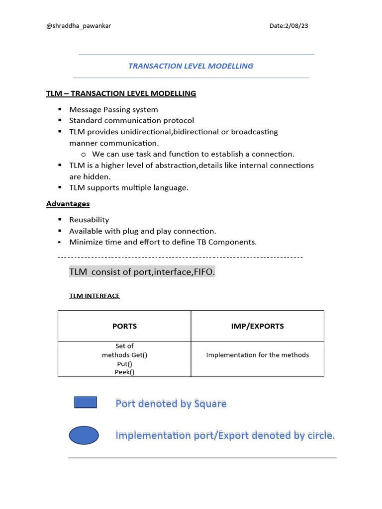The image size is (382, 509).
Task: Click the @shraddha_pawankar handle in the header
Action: (x=78, y=26)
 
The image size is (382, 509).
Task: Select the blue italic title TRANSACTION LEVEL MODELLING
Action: (x=191, y=66)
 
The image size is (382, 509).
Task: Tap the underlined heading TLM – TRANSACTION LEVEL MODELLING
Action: (x=121, y=93)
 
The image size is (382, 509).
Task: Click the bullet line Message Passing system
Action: (x=113, y=109)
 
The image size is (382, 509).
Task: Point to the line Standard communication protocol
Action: (x=131, y=120)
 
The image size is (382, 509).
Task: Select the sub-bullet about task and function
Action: (x=193, y=154)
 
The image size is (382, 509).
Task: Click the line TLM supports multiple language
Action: (x=129, y=187)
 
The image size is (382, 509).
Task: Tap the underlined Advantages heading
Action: (x=68, y=204)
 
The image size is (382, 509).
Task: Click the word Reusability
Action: (x=89, y=220)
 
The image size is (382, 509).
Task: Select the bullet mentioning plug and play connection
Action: (x=142, y=231)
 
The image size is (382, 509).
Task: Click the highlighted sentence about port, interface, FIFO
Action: (x=142, y=272)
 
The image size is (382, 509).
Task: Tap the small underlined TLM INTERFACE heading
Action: (x=94, y=296)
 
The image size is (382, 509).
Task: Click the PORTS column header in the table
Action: (x=124, y=326)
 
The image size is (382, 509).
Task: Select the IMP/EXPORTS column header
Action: (x=257, y=326)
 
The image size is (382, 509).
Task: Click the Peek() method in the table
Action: (x=124, y=372)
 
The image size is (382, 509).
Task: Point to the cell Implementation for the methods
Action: (x=257, y=355)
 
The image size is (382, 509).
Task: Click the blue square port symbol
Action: (x=86, y=402)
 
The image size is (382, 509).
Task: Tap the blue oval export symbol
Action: (x=84, y=435)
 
